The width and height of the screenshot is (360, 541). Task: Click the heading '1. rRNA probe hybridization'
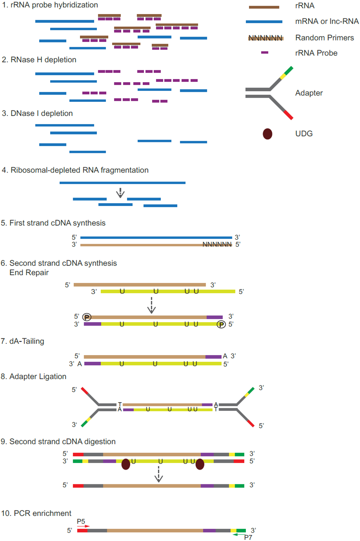[x=50, y=5]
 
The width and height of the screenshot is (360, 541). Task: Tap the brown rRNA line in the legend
[x=264, y=7]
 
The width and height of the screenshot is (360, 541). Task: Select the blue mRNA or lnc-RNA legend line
[x=264, y=22]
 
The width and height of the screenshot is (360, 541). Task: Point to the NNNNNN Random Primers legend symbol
[x=266, y=38]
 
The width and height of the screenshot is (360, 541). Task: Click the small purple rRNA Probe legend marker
[x=265, y=52]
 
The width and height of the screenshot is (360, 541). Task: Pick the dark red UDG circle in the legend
[x=267, y=134]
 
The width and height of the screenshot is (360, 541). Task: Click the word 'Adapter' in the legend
[x=309, y=93]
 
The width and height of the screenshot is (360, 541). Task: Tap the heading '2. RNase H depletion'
[x=39, y=60]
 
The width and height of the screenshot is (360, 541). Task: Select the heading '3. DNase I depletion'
[x=37, y=113]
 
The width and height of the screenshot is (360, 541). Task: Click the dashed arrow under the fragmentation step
[x=120, y=193]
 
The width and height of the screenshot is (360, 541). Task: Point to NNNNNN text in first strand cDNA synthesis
[x=217, y=244]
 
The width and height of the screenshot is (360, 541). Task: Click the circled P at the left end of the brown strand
[x=87, y=317]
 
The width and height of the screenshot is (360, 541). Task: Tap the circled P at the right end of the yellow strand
[x=221, y=324]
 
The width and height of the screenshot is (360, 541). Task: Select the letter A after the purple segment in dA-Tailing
[x=225, y=356]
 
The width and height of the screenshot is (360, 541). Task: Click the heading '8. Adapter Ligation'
[x=34, y=376]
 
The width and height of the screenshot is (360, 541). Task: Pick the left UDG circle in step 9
[x=126, y=464]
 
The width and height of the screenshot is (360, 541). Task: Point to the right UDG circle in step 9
[x=200, y=464]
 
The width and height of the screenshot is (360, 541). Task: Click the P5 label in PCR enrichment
[x=81, y=521]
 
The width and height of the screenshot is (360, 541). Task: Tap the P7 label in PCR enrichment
[x=248, y=537]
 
